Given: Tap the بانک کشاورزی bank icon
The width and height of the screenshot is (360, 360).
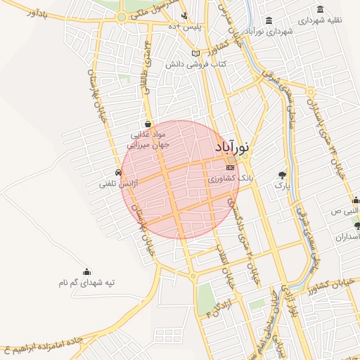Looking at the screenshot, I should pos(231,168).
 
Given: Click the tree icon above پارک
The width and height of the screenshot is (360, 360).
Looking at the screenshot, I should pos(283,175).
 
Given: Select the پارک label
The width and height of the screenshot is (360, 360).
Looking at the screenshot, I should pos(281,186).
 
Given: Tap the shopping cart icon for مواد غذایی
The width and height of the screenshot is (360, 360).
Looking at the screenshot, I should pos(147,122).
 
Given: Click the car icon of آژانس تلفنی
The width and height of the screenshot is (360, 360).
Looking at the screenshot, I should pos(117,172).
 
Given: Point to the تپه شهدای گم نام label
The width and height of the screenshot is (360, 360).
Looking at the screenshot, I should pos(86,282).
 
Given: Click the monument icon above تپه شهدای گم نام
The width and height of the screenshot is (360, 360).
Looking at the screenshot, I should pos(87,271).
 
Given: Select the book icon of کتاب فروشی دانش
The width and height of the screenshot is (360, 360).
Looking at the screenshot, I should pos(196,53).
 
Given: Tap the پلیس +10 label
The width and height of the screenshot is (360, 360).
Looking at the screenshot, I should pos(191,27).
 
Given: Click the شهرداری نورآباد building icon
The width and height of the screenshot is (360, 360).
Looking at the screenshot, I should pos(271,21).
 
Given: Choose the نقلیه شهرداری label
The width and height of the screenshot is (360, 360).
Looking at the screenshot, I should pos(321,20).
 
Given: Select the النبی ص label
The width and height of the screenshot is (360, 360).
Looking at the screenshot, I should pos(347,212).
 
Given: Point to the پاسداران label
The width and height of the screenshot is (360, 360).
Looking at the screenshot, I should pos(347,237).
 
